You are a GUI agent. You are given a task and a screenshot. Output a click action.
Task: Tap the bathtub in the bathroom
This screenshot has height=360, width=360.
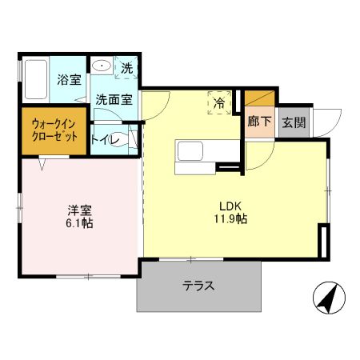click(36, 81)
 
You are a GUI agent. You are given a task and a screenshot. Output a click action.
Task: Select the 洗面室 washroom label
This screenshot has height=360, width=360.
click(114, 100)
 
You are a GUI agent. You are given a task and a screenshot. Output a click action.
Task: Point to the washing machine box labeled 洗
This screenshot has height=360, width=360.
click(126, 69)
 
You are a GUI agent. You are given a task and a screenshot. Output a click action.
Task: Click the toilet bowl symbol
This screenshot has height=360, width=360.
click(118, 137)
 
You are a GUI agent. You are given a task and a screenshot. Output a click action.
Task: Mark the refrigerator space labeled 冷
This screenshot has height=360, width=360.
click(219, 102)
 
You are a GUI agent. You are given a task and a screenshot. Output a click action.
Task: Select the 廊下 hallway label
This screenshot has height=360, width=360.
click(259, 124)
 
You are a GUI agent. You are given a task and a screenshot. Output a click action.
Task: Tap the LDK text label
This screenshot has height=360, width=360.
click(222, 204)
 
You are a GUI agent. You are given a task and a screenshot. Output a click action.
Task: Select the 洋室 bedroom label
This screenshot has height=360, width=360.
click(78, 210)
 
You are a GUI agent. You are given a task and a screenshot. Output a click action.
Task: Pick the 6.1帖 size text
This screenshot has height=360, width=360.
click(79, 223)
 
